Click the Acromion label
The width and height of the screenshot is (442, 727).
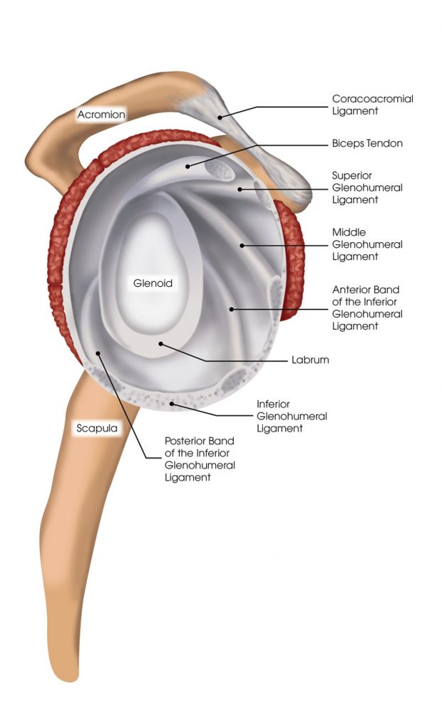tap(102, 114)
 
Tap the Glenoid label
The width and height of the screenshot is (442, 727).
tap(153, 283)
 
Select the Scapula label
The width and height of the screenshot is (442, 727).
tap(96, 428)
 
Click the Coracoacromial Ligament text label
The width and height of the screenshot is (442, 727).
tap(372, 106)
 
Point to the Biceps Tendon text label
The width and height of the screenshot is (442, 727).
tap(367, 143)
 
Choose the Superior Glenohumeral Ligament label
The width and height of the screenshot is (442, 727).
tap(367, 187)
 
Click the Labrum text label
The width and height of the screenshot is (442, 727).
tap(310, 360)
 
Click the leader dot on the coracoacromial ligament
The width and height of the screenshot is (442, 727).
tap(220, 116)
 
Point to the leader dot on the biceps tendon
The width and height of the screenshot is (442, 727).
tap(188, 166)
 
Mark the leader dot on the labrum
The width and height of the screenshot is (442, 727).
tap(161, 343)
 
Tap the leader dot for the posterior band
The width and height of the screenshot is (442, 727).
tap(97, 352)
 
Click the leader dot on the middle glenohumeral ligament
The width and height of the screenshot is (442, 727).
tap(242, 246)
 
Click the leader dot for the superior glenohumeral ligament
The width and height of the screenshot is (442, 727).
tap(239, 189)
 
